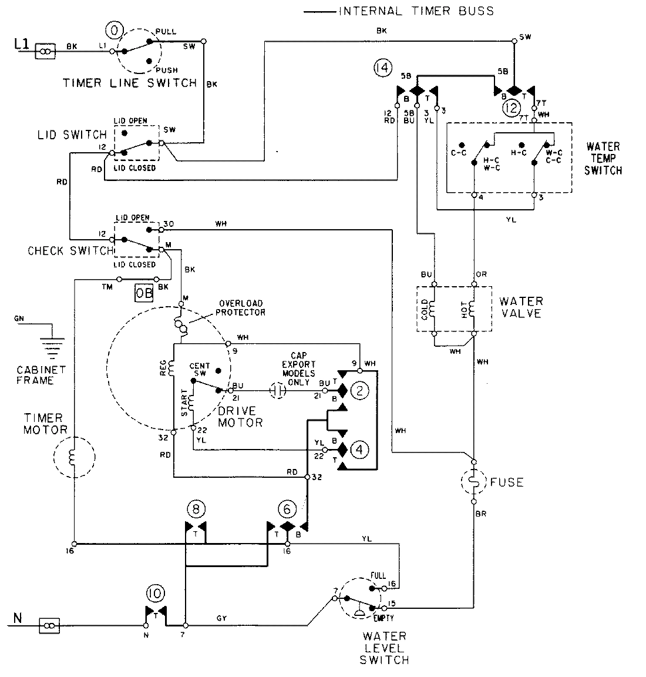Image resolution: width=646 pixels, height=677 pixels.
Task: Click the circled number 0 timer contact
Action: tap(114, 29)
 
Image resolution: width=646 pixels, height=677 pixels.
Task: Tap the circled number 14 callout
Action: tap(382, 69)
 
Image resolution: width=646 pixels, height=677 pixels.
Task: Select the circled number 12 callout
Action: tap(511, 108)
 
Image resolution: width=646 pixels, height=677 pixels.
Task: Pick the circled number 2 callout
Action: tap(360, 390)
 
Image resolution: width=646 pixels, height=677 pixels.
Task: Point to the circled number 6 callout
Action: tap(287, 507)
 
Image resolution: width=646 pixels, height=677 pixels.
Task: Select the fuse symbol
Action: tap(473, 482)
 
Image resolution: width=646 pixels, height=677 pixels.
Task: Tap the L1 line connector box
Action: tap(45, 51)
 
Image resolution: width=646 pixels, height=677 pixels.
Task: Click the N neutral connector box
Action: tap(49, 626)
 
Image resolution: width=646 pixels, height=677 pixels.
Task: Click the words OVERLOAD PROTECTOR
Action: tap(240, 308)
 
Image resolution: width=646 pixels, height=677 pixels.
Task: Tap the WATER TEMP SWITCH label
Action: tap(604, 158)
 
